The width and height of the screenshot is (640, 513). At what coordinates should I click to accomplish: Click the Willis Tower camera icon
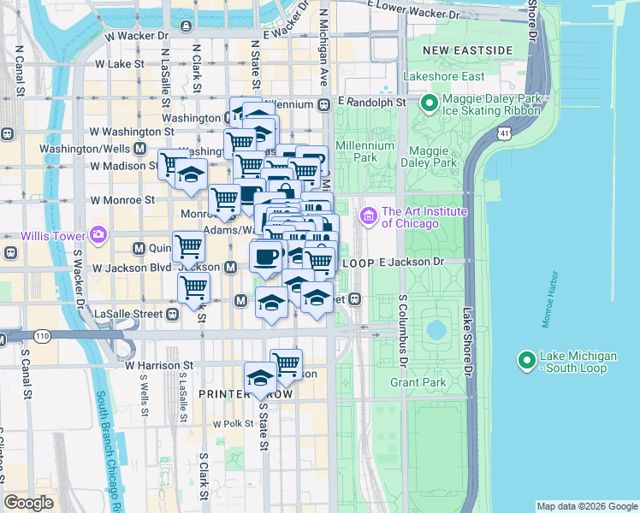point(98,234)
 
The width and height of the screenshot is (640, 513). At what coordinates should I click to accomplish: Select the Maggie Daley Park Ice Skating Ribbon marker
point(430,104)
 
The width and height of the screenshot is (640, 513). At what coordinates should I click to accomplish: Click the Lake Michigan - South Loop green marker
point(527,361)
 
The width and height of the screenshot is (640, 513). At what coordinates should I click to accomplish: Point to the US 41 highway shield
point(506,133)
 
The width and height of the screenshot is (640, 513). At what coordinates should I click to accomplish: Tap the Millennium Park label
point(364,151)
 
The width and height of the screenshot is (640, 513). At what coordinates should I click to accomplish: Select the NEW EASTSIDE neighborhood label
point(473,50)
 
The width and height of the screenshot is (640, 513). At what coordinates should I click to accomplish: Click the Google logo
point(28,503)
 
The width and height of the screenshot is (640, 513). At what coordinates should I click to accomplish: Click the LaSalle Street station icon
point(173,314)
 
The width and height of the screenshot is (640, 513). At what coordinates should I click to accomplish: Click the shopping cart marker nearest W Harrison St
point(286,363)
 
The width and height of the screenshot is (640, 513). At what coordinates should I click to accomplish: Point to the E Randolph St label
point(370,102)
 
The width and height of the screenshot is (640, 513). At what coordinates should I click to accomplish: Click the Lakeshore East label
point(449,76)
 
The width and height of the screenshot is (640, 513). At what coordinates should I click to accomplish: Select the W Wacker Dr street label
point(137,37)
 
